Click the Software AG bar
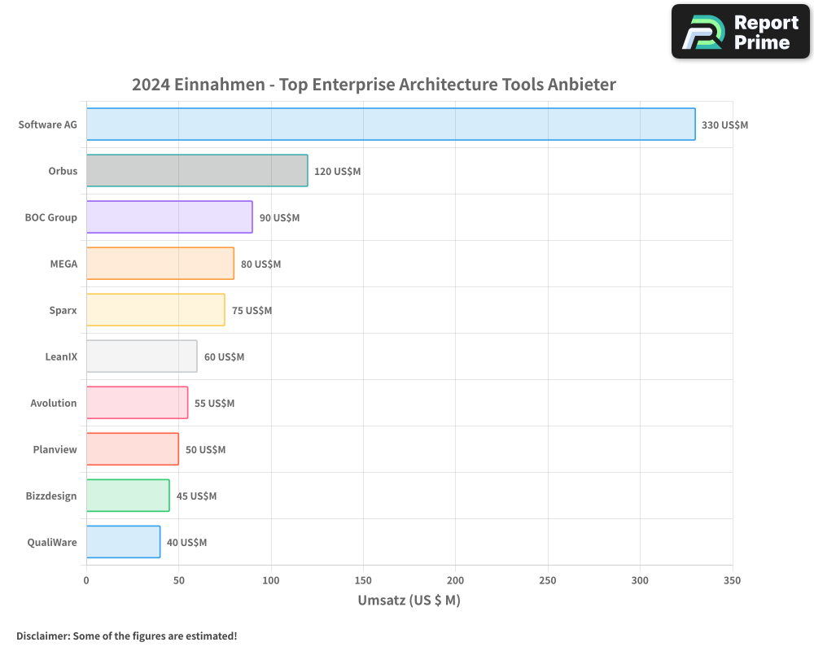(391, 125)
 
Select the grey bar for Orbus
(197, 171)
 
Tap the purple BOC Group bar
(169, 217)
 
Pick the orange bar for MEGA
(160, 264)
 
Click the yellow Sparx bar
(155, 310)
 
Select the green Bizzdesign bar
(128, 496)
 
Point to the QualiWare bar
(123, 542)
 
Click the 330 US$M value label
(724, 125)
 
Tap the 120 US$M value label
(337, 172)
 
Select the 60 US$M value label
(224, 357)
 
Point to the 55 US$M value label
(214, 404)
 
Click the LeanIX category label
(61, 356)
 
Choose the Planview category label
(55, 449)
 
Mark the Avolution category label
(54, 403)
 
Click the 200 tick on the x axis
(456, 580)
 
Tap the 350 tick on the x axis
(732, 580)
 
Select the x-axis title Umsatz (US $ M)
(409, 601)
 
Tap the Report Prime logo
(740, 32)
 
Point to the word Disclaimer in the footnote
(42, 636)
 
